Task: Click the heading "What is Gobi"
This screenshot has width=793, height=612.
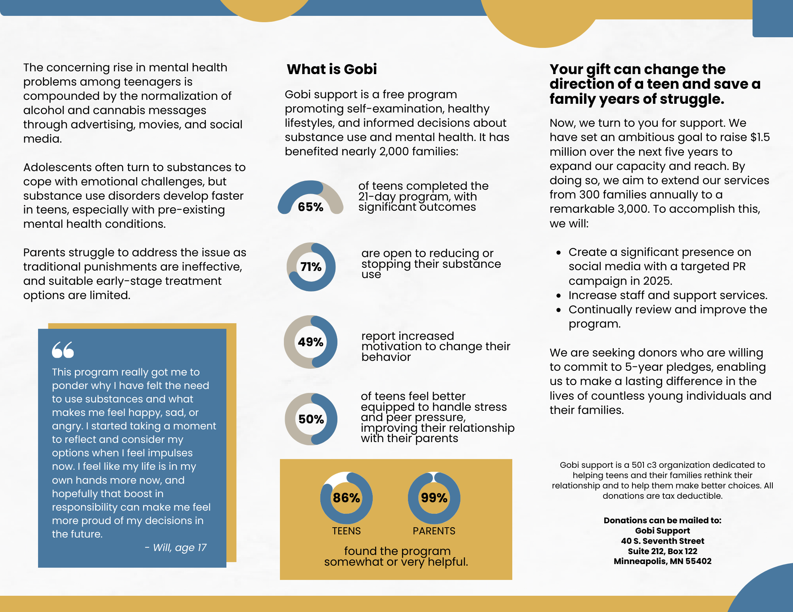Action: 331,69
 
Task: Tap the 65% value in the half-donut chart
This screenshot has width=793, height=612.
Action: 310,207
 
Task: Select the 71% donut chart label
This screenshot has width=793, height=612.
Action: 311,267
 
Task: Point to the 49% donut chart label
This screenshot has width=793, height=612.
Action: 310,342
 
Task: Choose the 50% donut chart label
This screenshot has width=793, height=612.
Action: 311,419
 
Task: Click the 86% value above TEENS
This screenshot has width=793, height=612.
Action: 346,498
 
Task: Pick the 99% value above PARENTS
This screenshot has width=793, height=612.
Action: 434,498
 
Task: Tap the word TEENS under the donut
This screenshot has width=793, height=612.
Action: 346,531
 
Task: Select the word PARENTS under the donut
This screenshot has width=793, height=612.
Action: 434,531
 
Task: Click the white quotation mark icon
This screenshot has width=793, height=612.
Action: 63,350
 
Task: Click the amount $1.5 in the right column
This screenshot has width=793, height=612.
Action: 760,137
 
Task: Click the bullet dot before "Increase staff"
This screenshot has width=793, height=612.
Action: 559,296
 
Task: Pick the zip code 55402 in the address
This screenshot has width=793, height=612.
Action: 698,561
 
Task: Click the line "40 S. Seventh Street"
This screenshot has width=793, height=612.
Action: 662,541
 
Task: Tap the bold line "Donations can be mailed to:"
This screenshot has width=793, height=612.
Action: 662,520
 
